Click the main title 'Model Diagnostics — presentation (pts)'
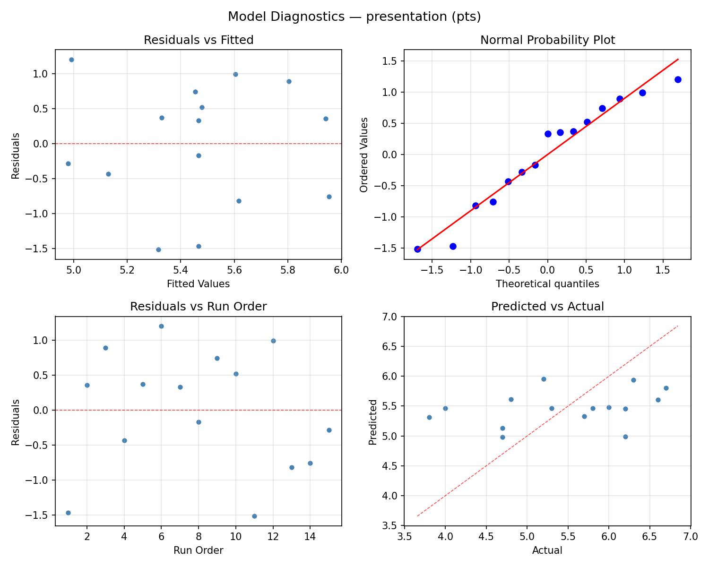[x=354, y=17]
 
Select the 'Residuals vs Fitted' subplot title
[x=199, y=40]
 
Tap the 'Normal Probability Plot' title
[x=547, y=40]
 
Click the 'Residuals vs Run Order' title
[x=199, y=307]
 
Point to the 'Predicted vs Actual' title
[x=547, y=307]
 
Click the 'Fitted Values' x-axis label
[x=199, y=284]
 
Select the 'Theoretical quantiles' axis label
[x=547, y=284]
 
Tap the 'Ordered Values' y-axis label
[x=363, y=155]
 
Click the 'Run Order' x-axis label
[x=199, y=550]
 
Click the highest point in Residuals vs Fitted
[x=71, y=60]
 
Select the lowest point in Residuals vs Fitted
[x=158, y=249]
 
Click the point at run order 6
[x=161, y=326]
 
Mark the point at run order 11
[x=254, y=516]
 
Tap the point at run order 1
[x=68, y=513]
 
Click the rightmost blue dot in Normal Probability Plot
[x=678, y=79]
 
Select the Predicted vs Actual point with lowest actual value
[x=429, y=417]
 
